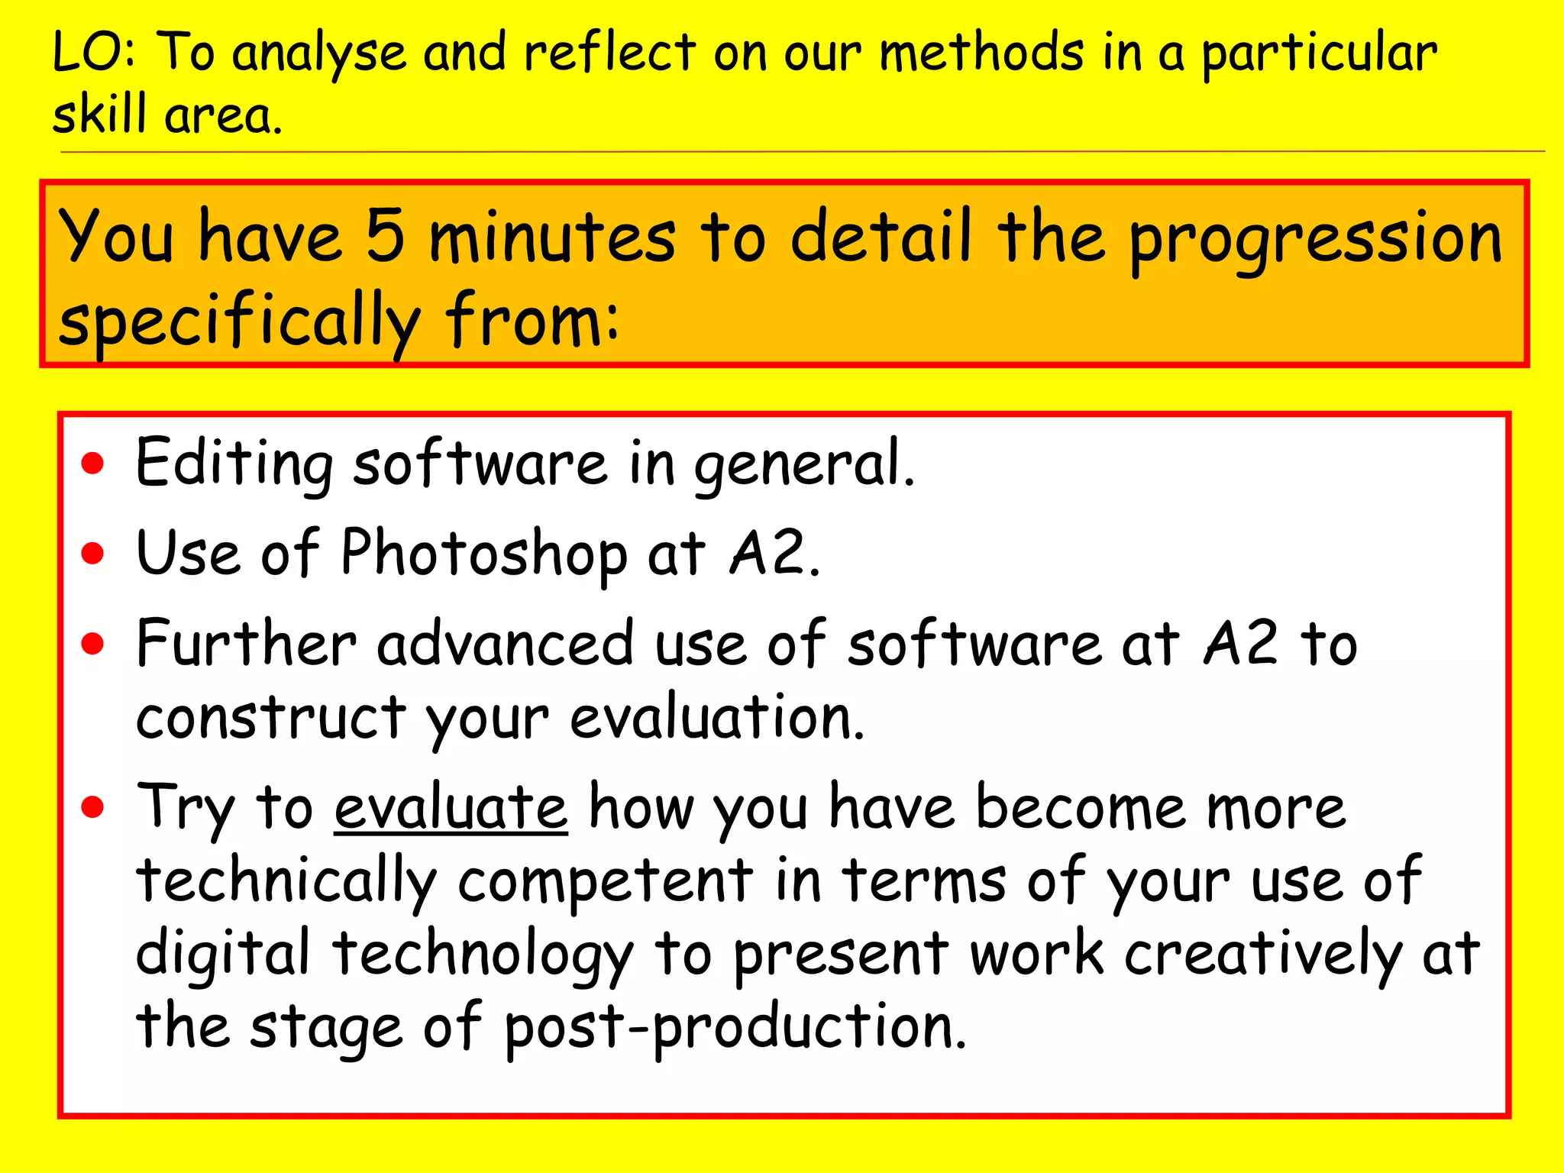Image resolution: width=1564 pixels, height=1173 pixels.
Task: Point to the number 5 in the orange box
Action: (x=385, y=236)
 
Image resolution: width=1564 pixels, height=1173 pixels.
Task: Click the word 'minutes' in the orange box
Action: (x=552, y=238)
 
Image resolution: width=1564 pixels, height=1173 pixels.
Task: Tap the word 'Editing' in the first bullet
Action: (x=234, y=464)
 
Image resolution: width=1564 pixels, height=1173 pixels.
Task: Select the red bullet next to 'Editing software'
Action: (x=93, y=464)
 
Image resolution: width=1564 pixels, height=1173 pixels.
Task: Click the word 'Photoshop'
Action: (x=483, y=553)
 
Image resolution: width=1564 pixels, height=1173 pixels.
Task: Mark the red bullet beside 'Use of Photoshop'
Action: (x=93, y=553)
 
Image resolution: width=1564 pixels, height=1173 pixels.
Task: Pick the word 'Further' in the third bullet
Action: (x=246, y=643)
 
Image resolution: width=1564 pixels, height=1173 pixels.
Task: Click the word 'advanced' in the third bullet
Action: (x=506, y=643)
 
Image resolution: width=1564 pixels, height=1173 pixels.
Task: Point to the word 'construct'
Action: (x=271, y=718)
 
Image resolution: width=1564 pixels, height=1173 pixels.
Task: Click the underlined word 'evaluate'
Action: (x=451, y=808)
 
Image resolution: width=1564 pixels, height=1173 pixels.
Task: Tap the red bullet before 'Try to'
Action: (x=93, y=806)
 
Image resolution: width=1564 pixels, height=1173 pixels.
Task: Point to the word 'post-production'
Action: (x=735, y=1028)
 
